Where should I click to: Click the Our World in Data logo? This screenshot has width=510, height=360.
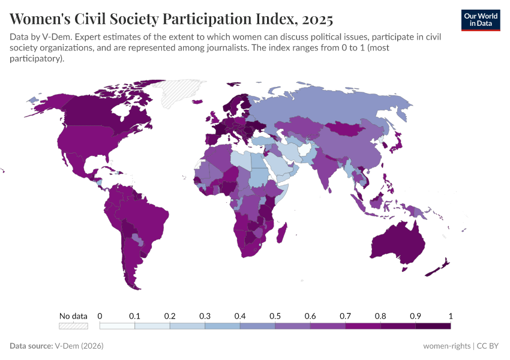coord(480,19)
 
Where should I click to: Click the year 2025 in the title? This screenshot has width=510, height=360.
coord(317,19)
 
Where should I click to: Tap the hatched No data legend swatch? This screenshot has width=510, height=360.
coord(73,326)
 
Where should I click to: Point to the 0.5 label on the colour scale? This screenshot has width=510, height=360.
coord(275,316)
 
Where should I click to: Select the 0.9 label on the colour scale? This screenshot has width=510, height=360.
coord(415,316)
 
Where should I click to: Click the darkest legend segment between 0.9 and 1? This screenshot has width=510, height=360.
coord(433,326)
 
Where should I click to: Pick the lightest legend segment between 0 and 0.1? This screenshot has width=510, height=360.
coord(117,326)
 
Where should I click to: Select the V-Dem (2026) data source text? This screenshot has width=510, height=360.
coord(79,346)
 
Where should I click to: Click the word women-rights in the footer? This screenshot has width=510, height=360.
coord(445,346)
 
